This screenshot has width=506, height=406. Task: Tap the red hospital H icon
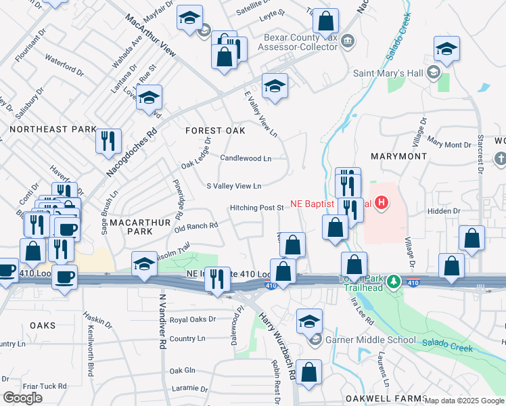pyautogui.click(x=382, y=202)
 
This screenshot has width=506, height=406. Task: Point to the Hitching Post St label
pyautogui.click(x=256, y=208)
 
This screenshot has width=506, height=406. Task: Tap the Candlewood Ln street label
pyautogui.click(x=246, y=158)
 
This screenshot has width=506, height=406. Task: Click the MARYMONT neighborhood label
pyautogui.click(x=399, y=156)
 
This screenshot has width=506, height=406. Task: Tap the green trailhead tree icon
pyautogui.click(x=392, y=282)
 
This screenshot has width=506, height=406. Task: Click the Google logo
pyautogui.click(x=22, y=398)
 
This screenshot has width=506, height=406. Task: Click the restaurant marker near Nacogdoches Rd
pyautogui.click(x=108, y=141)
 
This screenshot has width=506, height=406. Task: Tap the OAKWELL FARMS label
pyautogui.click(x=384, y=398)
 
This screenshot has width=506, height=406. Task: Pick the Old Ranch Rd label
pyautogui.click(x=196, y=227)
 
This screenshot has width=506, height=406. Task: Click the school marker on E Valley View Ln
pyautogui.click(x=275, y=86)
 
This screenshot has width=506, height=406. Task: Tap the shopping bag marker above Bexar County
pyautogui.click(x=325, y=22)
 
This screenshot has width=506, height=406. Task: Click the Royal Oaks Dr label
pyautogui.click(x=192, y=319)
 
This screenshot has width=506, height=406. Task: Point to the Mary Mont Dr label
pyautogui.click(x=448, y=144)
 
